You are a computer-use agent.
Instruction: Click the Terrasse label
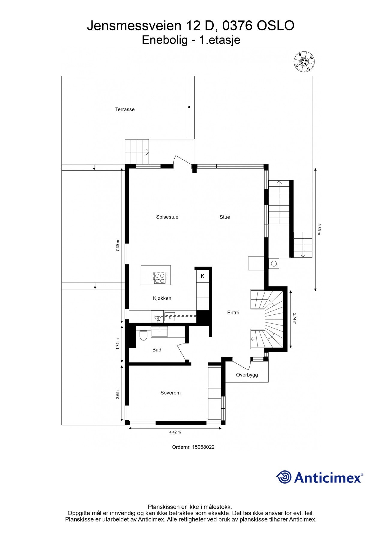(125, 109)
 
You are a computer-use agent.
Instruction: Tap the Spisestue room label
(167, 217)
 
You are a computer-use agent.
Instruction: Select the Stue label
(225, 217)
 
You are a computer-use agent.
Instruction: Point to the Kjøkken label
(162, 298)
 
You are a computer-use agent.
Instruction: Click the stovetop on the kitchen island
(159, 278)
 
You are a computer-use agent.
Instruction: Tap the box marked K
(203, 276)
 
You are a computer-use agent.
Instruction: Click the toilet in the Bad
(143, 335)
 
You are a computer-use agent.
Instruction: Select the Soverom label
(170, 393)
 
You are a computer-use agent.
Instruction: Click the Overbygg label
(247, 375)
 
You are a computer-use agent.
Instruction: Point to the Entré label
(233, 313)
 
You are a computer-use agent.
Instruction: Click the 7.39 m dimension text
(118, 246)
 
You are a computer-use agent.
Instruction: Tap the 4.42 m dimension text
(175, 432)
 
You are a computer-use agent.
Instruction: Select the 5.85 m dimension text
(319, 229)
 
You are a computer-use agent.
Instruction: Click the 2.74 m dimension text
(295, 319)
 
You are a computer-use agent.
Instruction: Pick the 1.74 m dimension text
(118, 344)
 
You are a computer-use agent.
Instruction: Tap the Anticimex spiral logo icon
(284, 477)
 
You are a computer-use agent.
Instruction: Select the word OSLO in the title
(275, 26)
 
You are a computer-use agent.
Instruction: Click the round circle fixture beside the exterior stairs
(274, 264)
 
